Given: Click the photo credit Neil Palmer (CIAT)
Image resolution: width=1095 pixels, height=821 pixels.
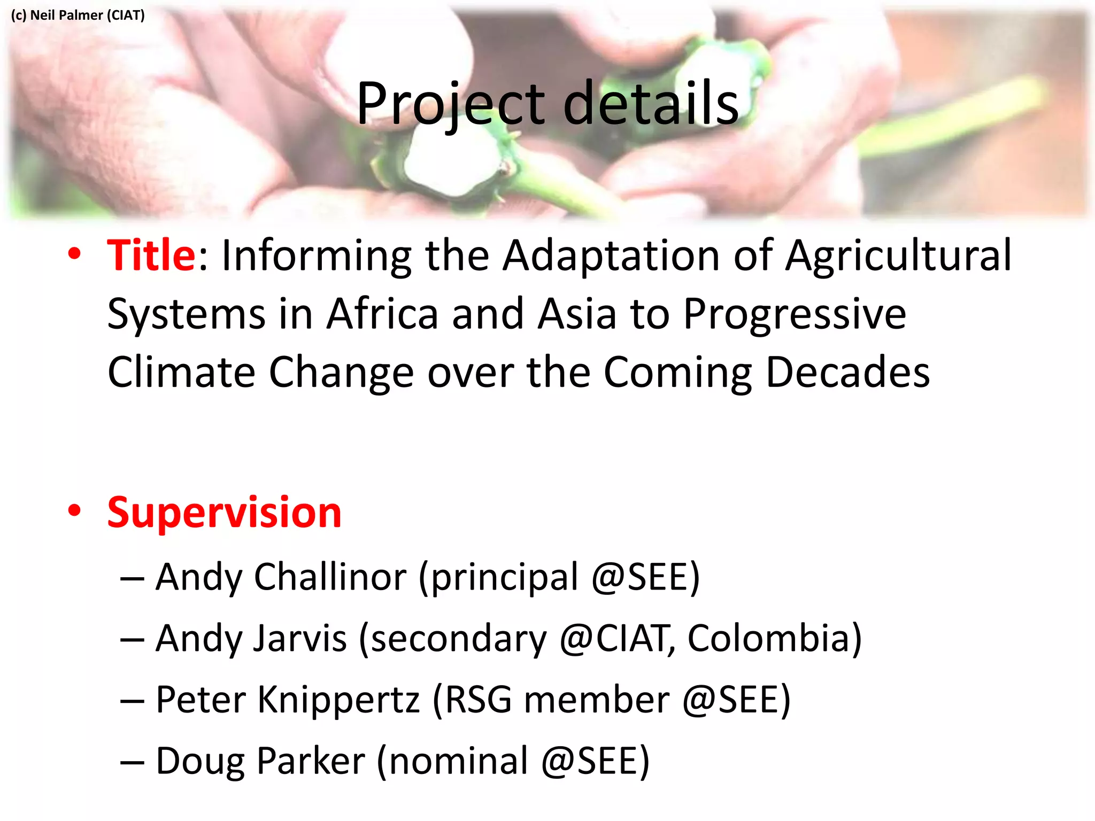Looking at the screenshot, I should [x=78, y=15].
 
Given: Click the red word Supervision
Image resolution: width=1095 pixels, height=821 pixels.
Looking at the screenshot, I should [x=224, y=513].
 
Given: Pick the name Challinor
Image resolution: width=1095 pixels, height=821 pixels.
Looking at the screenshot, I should [x=330, y=577].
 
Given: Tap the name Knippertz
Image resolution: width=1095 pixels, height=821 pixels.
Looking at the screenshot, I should [x=338, y=700].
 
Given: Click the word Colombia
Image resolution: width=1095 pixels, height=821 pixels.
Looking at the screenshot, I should [x=774, y=639].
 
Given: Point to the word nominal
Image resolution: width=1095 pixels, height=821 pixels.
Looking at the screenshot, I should [x=458, y=761].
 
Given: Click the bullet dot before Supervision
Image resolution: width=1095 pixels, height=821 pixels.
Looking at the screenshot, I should [x=74, y=510].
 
